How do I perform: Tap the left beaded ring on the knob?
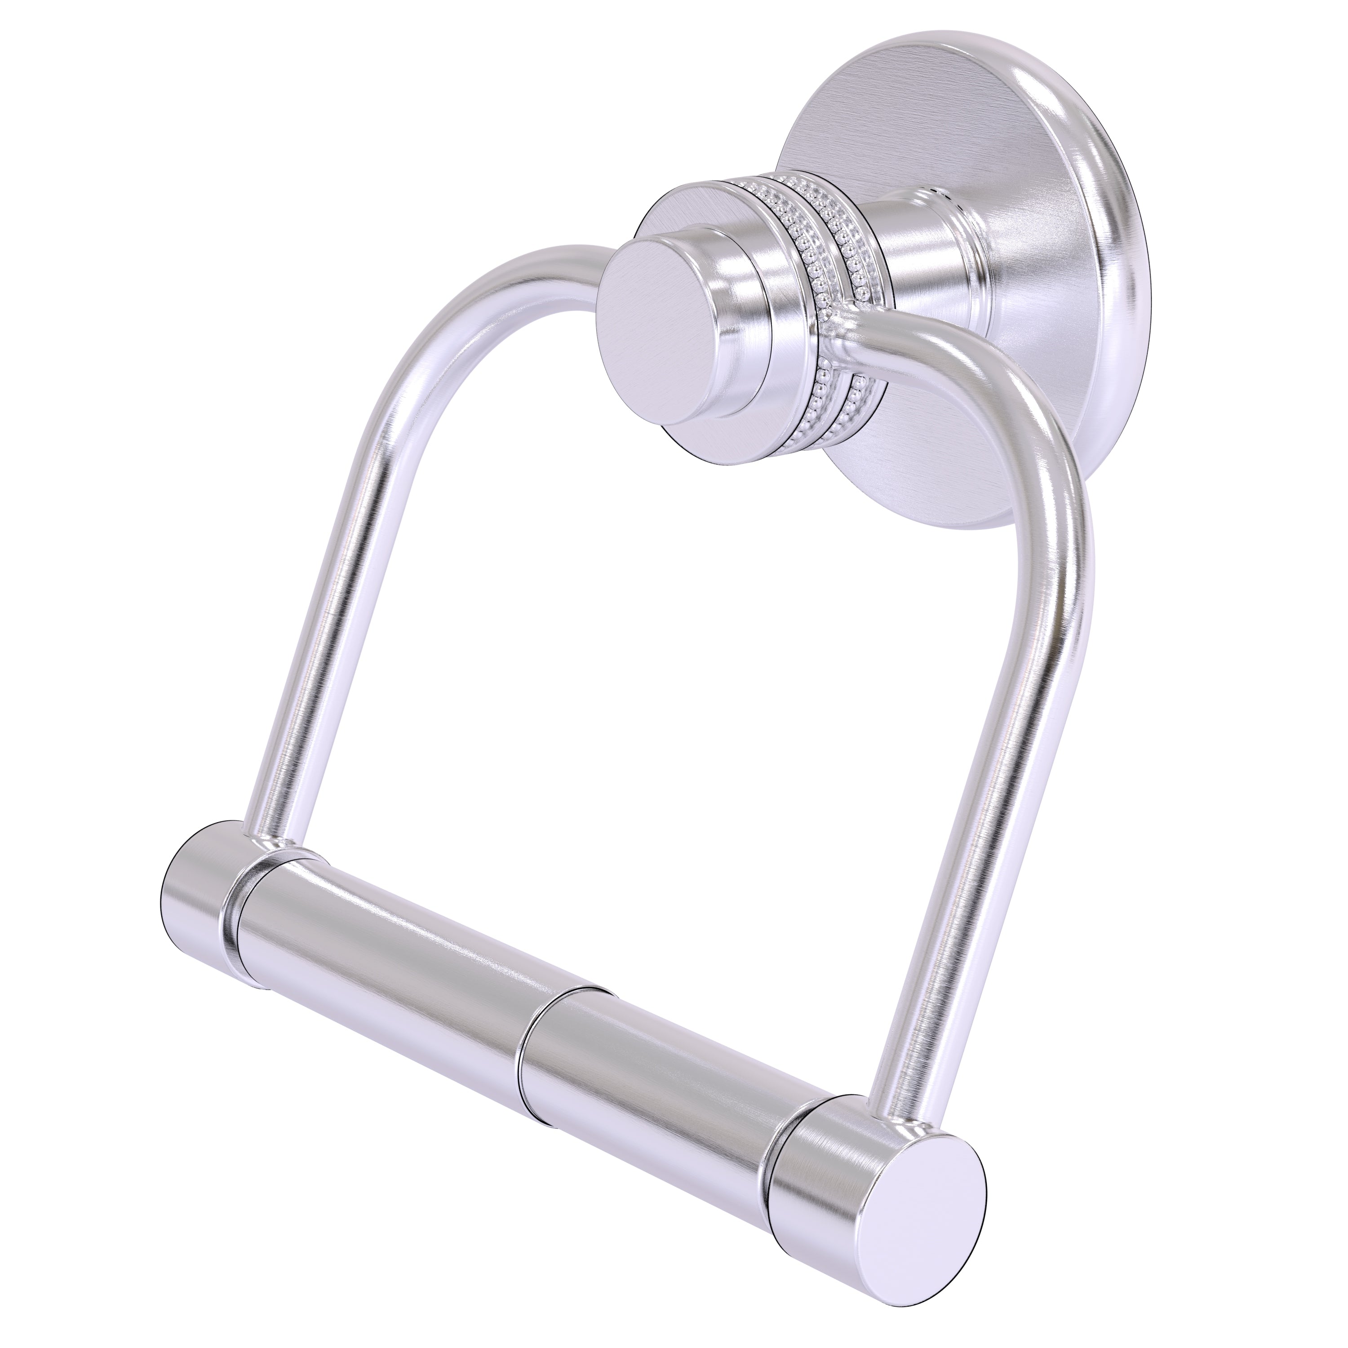[813, 230]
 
